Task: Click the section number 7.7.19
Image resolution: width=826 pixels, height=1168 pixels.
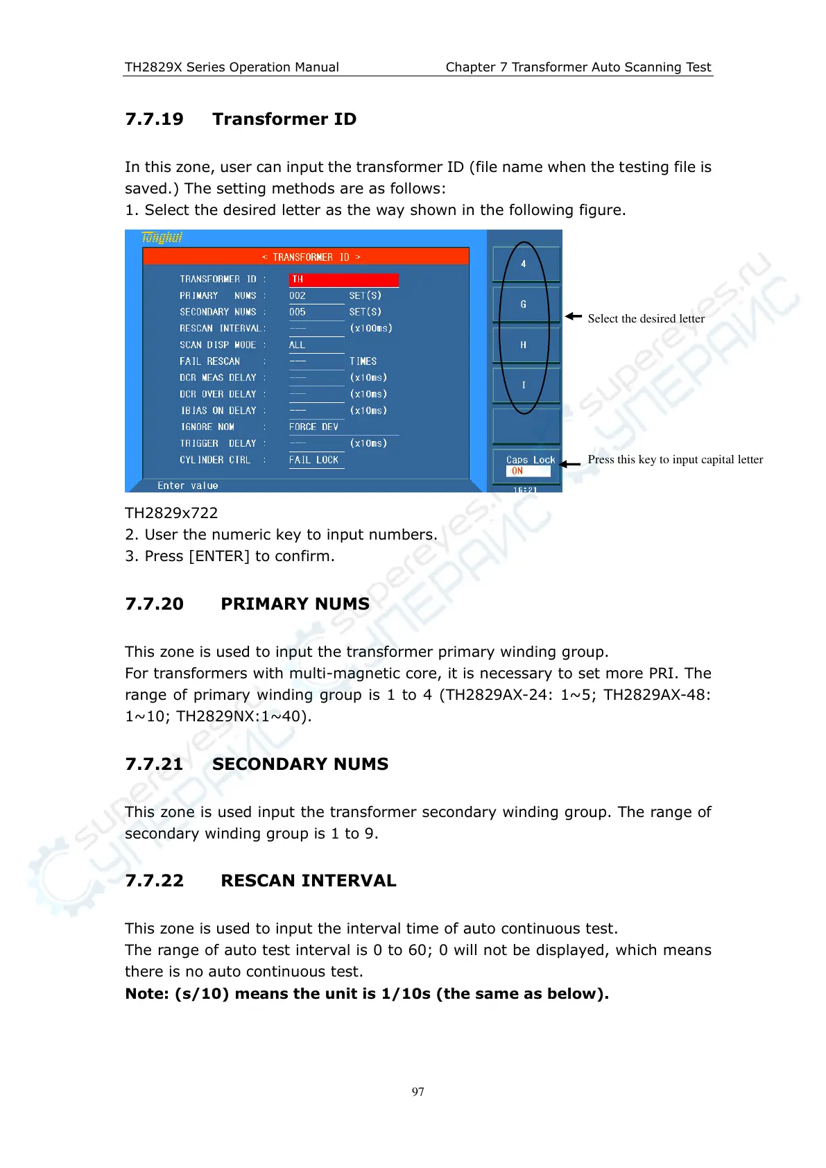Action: click(x=154, y=119)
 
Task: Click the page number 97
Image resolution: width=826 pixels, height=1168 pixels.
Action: click(x=418, y=1092)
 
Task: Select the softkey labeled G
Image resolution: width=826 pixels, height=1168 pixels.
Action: click(x=524, y=304)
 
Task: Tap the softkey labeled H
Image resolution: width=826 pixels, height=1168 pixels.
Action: click(x=524, y=345)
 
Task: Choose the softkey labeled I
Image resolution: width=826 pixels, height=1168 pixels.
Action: click(x=524, y=385)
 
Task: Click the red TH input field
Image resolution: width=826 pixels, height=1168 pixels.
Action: click(x=343, y=280)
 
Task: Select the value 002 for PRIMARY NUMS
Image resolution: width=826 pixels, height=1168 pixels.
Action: click(x=298, y=295)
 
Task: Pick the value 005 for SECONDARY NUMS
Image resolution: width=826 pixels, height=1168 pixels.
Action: click(x=298, y=312)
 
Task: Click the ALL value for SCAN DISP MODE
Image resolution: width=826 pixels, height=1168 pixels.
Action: click(x=297, y=345)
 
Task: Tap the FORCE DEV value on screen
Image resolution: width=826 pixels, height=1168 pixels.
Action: click(x=313, y=427)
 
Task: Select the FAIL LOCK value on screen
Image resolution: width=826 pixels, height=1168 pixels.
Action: click(x=313, y=460)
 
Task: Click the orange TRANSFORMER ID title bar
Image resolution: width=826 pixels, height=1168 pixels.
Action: click(x=306, y=257)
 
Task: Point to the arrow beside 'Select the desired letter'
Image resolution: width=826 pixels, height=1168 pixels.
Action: click(x=573, y=316)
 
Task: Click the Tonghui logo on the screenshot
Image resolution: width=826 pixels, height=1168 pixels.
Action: click(x=162, y=238)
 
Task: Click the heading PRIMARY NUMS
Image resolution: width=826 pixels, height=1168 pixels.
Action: click(x=295, y=604)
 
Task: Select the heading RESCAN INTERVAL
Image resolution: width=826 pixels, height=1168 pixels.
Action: click(x=308, y=881)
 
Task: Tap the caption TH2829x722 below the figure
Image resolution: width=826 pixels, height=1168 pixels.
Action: click(x=171, y=513)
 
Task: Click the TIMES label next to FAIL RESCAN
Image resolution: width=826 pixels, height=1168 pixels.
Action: click(x=363, y=361)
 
